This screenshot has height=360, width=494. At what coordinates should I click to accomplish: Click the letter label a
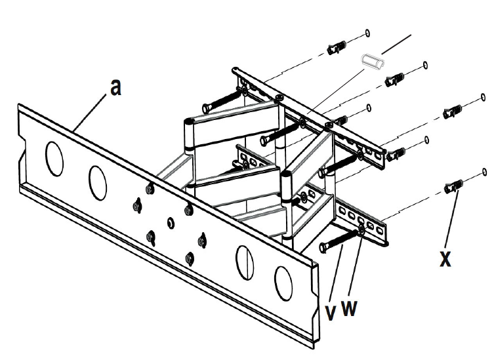point(115,87)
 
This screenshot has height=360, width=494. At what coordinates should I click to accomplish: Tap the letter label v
point(331,312)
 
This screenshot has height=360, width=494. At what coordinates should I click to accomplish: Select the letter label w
point(350,308)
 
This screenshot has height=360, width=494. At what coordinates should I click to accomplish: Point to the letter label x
point(445,259)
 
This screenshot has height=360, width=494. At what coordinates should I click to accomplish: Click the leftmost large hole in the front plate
point(54,159)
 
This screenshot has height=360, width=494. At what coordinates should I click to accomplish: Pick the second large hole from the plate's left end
point(98,183)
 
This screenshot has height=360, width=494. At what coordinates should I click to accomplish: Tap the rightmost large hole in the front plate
point(283,283)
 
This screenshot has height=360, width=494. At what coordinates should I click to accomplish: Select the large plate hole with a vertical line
point(245,262)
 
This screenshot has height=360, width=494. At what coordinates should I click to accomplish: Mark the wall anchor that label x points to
point(453,187)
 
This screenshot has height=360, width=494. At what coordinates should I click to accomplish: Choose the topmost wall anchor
point(337,48)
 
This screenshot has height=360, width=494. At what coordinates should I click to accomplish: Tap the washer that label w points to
point(361,231)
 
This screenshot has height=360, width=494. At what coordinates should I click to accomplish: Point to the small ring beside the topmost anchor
point(367,33)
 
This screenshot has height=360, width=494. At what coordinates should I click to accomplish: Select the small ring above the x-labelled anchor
point(484,172)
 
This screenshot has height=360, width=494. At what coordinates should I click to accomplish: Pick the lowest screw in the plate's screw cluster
point(190,258)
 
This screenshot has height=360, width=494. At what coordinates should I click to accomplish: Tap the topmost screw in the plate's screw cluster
point(150,189)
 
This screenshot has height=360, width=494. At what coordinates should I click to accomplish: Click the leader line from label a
point(89,112)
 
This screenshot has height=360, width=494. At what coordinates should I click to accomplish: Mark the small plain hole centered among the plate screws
point(171,223)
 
